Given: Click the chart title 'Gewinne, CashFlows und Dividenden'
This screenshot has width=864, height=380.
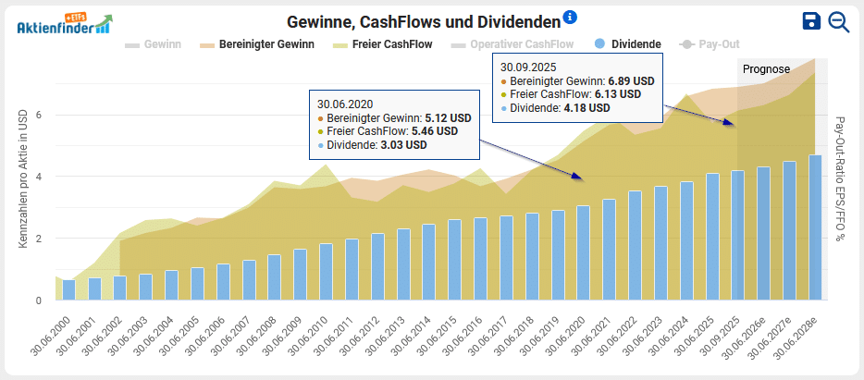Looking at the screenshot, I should (x=424, y=21).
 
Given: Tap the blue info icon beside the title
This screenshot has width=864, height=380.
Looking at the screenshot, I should (x=570, y=17).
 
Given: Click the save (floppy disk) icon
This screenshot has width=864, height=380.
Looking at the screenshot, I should (x=811, y=22).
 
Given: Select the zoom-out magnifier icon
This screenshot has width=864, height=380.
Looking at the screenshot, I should (x=839, y=22).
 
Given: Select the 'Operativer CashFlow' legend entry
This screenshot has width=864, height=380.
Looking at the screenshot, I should (x=512, y=43).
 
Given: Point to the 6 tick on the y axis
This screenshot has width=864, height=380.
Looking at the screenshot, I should (x=39, y=116).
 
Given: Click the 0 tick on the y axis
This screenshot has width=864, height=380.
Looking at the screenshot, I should (x=39, y=300).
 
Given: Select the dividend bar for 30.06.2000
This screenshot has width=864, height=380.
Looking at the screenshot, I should (x=68, y=289).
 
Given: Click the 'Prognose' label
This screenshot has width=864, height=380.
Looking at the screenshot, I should (x=766, y=69).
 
